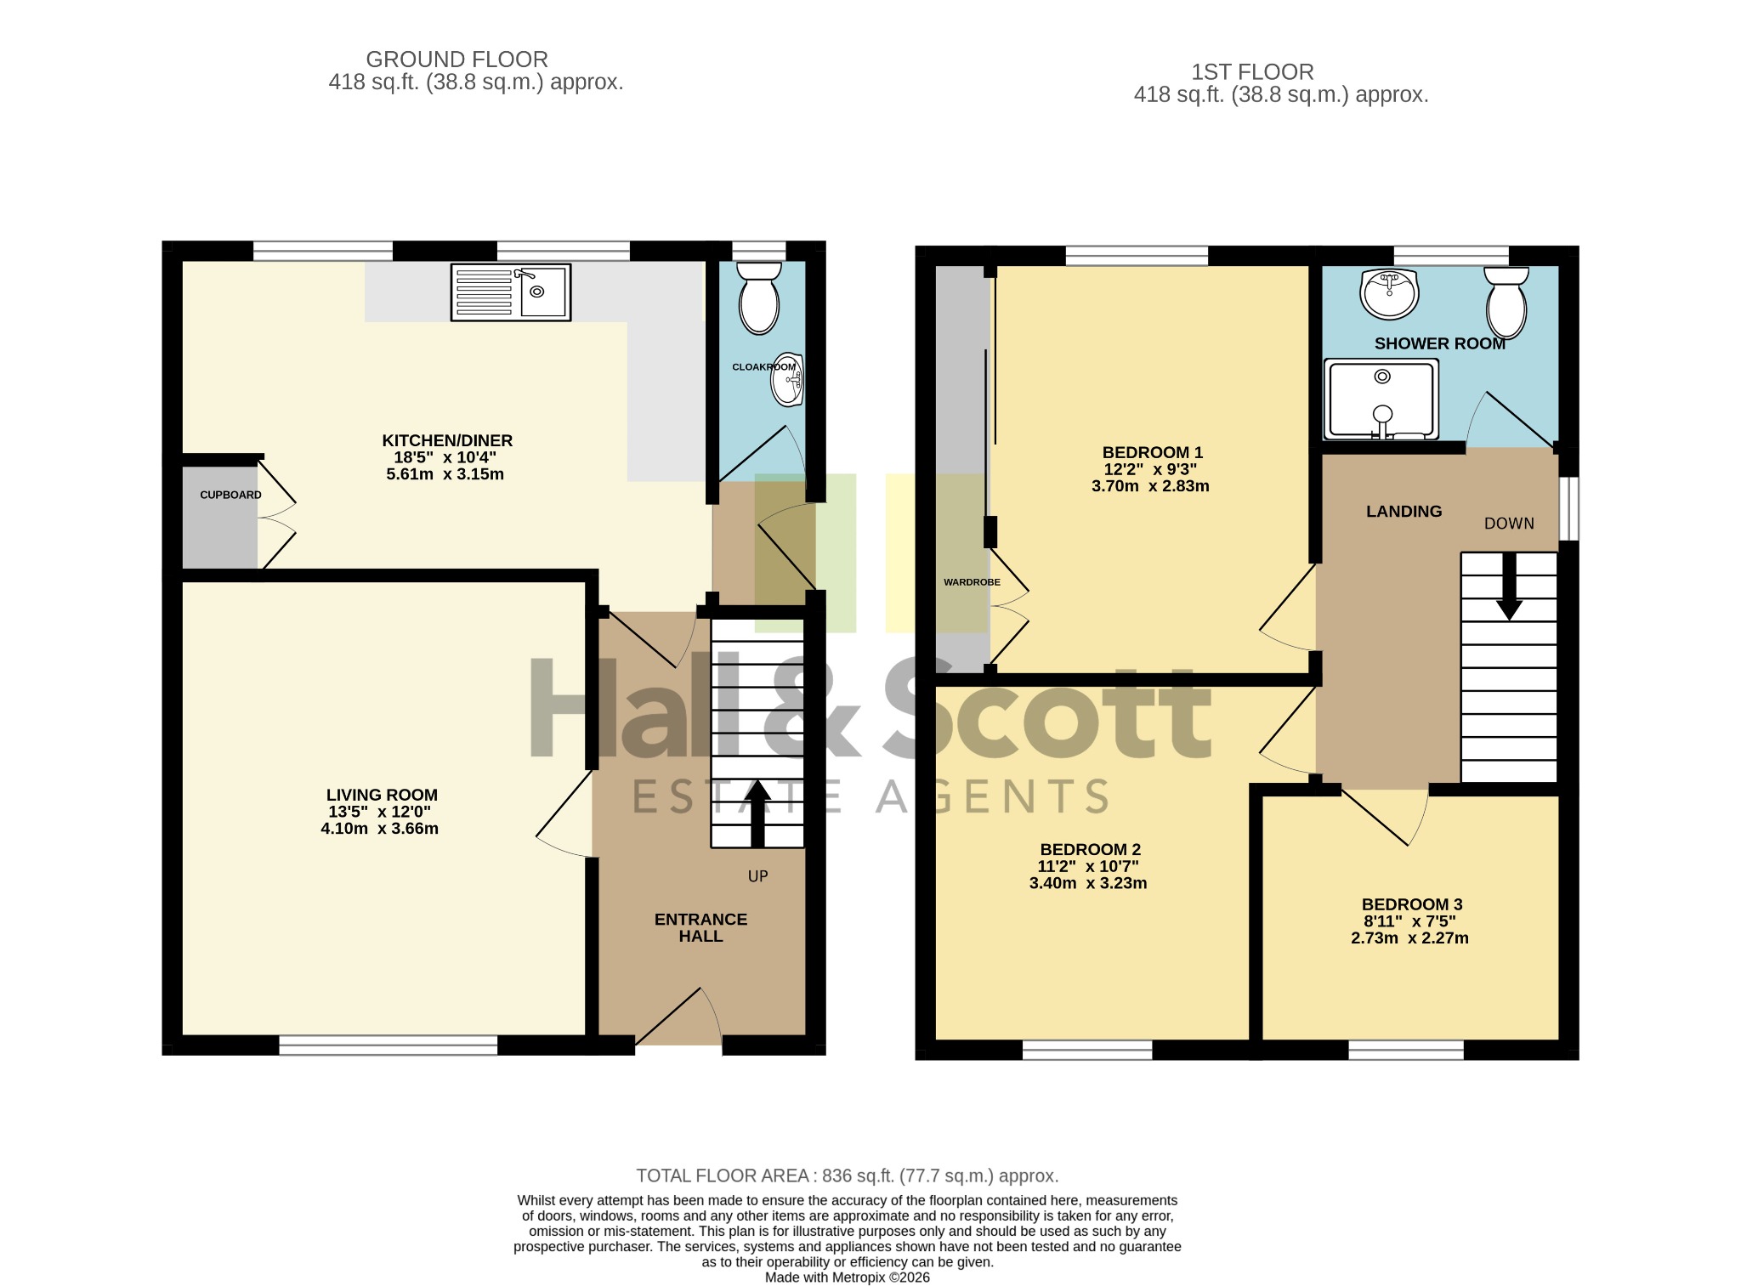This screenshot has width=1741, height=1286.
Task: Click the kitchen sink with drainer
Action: (x=511, y=292)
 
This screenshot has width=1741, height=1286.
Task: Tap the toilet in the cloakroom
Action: (x=759, y=298)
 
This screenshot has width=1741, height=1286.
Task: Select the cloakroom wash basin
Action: (x=787, y=380)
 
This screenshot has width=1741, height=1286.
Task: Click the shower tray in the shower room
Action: (x=1381, y=399)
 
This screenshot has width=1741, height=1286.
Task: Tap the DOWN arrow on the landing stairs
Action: (x=1509, y=586)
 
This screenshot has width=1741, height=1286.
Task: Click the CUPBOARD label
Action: (x=230, y=495)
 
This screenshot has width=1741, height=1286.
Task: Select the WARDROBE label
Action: (x=972, y=582)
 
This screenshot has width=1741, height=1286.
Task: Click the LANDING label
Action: (x=1404, y=511)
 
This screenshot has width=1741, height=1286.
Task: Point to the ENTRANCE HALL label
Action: (x=700, y=927)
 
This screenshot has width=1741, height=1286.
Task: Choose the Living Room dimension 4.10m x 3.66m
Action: (x=379, y=829)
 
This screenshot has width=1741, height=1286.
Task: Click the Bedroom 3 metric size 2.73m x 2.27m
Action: (x=1409, y=938)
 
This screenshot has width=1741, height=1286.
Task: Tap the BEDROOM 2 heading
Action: (x=1090, y=849)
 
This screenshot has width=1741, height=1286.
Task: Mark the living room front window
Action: (x=388, y=1045)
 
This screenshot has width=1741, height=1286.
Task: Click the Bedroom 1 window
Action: (x=1137, y=256)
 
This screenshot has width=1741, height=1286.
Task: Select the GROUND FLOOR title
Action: (x=457, y=59)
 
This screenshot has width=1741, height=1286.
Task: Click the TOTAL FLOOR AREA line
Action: (x=848, y=1176)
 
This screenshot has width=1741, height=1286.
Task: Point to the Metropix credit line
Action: (x=848, y=1278)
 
